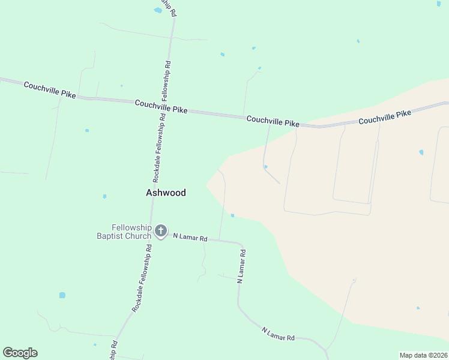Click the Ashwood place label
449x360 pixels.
[x=166, y=193]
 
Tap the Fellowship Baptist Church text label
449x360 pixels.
[x=124, y=232]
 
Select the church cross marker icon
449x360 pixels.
[x=160, y=230]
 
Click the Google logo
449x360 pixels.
[x=20, y=353]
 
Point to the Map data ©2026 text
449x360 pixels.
[x=423, y=355]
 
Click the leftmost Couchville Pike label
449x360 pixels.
[x=50, y=90]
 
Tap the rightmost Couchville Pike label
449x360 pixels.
[x=385, y=117]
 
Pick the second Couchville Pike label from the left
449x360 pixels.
[x=161, y=107]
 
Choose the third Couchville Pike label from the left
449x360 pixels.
[x=273, y=121]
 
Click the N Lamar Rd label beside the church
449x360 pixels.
[x=190, y=238]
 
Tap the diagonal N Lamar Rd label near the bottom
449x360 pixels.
[x=278, y=334]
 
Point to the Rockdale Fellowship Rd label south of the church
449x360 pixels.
[x=141, y=278]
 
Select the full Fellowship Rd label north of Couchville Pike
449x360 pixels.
[x=166, y=80]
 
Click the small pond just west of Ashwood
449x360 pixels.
[x=104, y=196]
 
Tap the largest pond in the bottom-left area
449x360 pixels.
[x=62, y=295]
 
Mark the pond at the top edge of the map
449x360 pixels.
[x=158, y=10]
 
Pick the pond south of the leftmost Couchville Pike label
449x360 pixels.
[x=87, y=130]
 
